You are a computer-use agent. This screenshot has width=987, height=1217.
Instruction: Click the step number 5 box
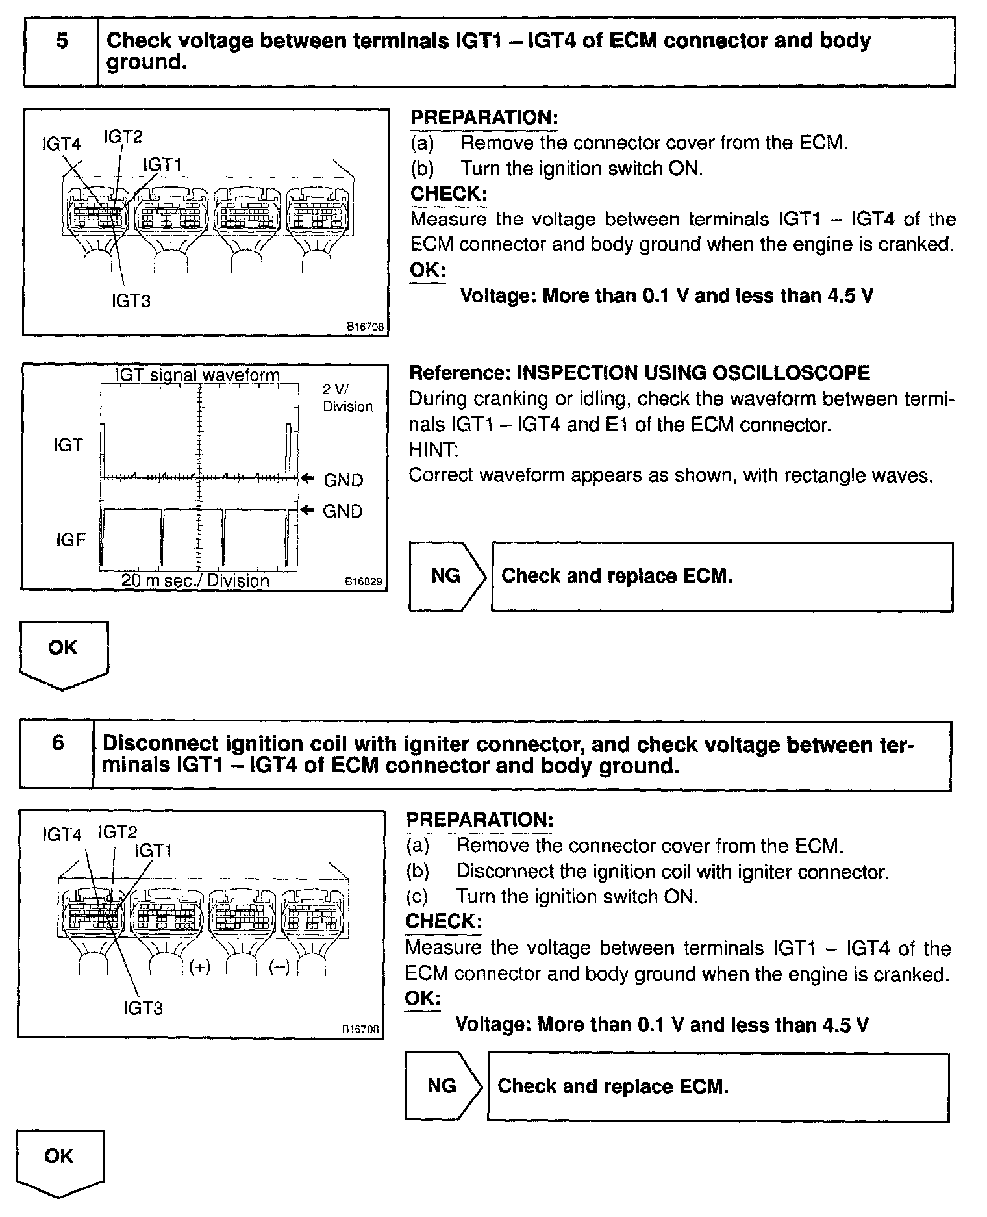point(62,51)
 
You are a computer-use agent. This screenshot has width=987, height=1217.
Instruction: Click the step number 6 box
point(57,754)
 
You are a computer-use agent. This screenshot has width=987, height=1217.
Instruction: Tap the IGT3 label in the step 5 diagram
point(131,301)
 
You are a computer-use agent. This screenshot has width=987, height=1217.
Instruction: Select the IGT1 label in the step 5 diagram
point(162,165)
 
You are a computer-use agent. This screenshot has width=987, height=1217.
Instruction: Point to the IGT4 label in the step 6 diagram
point(62,834)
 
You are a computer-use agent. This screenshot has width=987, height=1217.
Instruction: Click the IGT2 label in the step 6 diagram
point(118,832)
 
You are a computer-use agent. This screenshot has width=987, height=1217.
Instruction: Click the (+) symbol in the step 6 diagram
point(200,967)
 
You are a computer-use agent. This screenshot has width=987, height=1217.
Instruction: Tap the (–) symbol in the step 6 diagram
point(279,967)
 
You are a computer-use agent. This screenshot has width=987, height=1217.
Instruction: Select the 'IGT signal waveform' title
point(197,375)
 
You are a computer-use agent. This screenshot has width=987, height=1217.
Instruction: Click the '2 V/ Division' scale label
point(347,397)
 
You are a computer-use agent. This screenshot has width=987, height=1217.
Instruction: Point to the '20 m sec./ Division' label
point(195,580)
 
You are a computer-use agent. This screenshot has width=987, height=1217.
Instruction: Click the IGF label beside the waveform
point(70,540)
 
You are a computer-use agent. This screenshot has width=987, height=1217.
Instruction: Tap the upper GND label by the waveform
point(343,481)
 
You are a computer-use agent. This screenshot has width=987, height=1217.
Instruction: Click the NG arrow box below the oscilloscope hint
point(447,576)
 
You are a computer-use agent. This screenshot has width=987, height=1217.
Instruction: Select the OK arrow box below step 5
point(64,653)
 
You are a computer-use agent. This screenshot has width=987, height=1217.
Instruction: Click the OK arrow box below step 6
point(60,1162)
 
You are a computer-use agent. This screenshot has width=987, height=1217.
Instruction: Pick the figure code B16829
point(364,583)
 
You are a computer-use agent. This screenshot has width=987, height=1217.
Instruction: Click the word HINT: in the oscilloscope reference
point(433,449)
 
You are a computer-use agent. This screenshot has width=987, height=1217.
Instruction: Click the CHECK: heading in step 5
point(449,194)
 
